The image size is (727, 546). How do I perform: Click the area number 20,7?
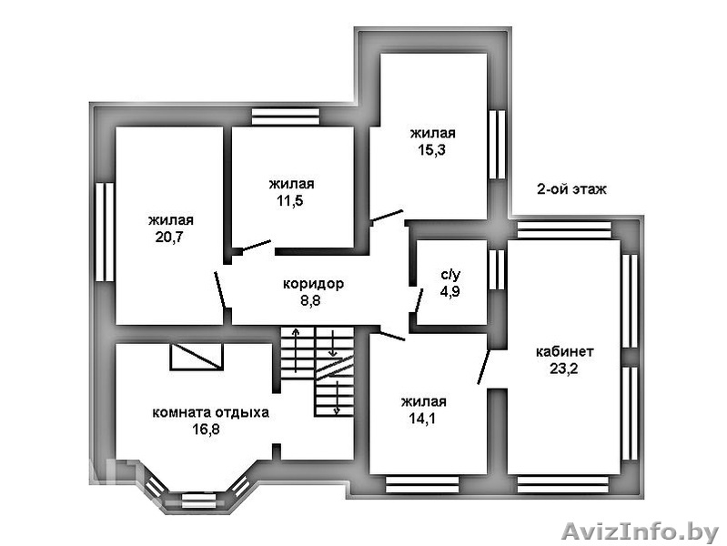click(x=170, y=237)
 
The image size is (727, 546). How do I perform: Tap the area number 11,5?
click(x=290, y=201)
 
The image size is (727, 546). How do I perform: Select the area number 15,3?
click(x=431, y=150)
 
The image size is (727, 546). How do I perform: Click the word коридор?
click(x=313, y=283)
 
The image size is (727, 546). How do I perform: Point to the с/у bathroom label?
click(x=450, y=275)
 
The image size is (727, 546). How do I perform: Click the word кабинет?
click(x=564, y=351)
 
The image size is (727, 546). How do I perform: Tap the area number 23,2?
click(x=564, y=369)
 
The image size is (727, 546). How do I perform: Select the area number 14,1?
click(x=422, y=419)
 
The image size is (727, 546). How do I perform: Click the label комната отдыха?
click(x=210, y=412)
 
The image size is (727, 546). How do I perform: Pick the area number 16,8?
click(x=207, y=430)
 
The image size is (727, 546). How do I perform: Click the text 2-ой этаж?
click(x=571, y=189)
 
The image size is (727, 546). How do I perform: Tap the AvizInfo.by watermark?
click(x=640, y=531)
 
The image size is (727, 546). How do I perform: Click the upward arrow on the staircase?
click(x=296, y=350)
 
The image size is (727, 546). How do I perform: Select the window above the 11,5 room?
click(x=286, y=116)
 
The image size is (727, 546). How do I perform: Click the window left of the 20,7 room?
click(x=105, y=232)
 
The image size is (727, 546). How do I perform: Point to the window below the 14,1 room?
click(x=422, y=484)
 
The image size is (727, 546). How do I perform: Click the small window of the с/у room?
click(x=497, y=270)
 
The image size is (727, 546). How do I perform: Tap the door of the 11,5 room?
click(x=257, y=246)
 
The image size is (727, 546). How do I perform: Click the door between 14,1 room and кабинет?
click(x=483, y=368)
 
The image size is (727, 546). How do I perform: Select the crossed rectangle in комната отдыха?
click(x=197, y=357)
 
